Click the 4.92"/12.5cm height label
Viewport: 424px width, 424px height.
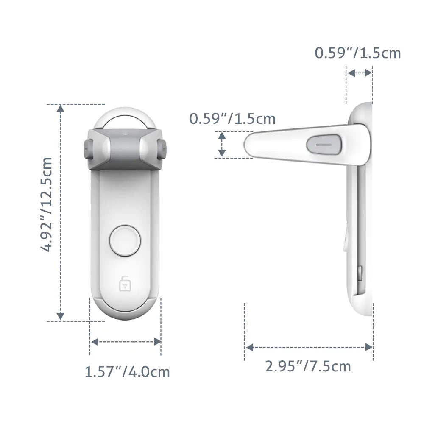46,205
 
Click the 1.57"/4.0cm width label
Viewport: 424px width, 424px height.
127,372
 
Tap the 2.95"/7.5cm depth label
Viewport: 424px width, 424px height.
308,366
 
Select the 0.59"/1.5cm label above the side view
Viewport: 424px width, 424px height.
357,53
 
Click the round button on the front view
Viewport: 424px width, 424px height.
124,240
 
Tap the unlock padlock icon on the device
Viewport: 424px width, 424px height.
124,283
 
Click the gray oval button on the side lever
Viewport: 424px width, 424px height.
324,144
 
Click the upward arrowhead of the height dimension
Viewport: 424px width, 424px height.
61,109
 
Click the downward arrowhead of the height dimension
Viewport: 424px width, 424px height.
61,316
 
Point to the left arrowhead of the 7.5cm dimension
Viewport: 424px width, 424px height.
250,347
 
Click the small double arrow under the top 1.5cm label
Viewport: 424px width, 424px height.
359,73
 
